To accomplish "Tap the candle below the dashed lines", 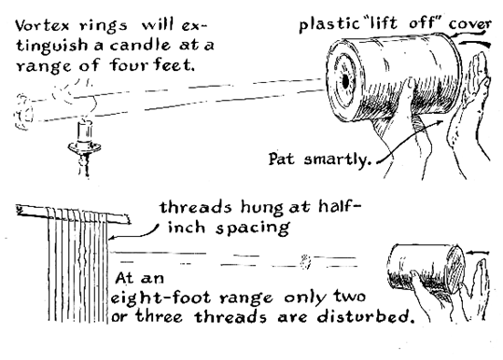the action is click(85, 131).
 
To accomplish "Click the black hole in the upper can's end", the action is click(345, 82).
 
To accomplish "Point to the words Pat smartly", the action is click(319, 159).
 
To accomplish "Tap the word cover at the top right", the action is click(470, 24).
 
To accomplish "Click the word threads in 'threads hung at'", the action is click(195, 207).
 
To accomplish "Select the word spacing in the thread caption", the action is click(252, 228).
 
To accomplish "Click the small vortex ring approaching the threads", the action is click(305, 261).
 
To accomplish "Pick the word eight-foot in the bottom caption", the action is click(161, 298).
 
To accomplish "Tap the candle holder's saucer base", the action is click(84, 147).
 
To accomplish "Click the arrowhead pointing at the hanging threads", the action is click(112, 238).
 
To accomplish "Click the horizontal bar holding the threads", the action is click(73, 215).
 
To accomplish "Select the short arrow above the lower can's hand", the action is click(478, 253).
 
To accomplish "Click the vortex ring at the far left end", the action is click(23, 111).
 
